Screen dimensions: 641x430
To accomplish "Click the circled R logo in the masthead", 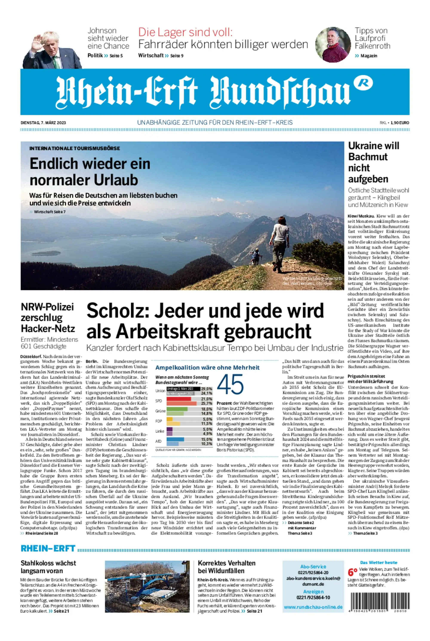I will pos(363,83).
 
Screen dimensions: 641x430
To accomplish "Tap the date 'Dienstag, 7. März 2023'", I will pos(43,123).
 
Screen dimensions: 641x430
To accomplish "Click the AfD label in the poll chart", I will pos(158,441).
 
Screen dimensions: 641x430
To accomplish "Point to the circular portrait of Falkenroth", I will pos(333,44).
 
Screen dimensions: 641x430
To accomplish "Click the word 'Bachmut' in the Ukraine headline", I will pos(368,157).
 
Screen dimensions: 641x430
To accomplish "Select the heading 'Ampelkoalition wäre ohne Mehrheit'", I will pos(207,367).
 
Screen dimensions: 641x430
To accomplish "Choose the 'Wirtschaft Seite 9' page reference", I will pos(161,56).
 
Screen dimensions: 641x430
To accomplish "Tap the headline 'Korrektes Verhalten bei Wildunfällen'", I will pos(227,567).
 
